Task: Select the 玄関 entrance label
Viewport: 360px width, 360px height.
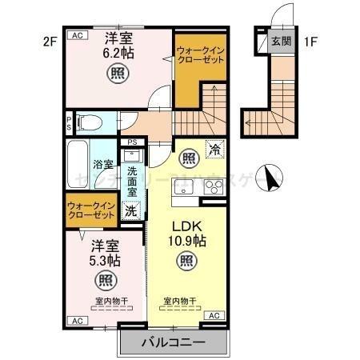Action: [x=280, y=42]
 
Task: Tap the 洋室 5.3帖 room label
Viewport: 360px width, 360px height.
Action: [x=105, y=252]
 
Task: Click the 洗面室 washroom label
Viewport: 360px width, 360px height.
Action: [x=133, y=186]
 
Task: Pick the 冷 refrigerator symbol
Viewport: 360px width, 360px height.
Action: [x=214, y=148]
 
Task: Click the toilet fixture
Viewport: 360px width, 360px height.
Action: [x=90, y=122]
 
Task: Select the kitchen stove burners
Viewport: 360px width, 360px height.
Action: [x=214, y=188]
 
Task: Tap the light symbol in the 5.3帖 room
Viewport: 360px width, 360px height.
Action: [x=105, y=280]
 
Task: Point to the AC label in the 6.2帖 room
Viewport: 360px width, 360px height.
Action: [x=78, y=35]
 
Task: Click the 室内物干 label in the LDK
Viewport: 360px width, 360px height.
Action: [x=181, y=301]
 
